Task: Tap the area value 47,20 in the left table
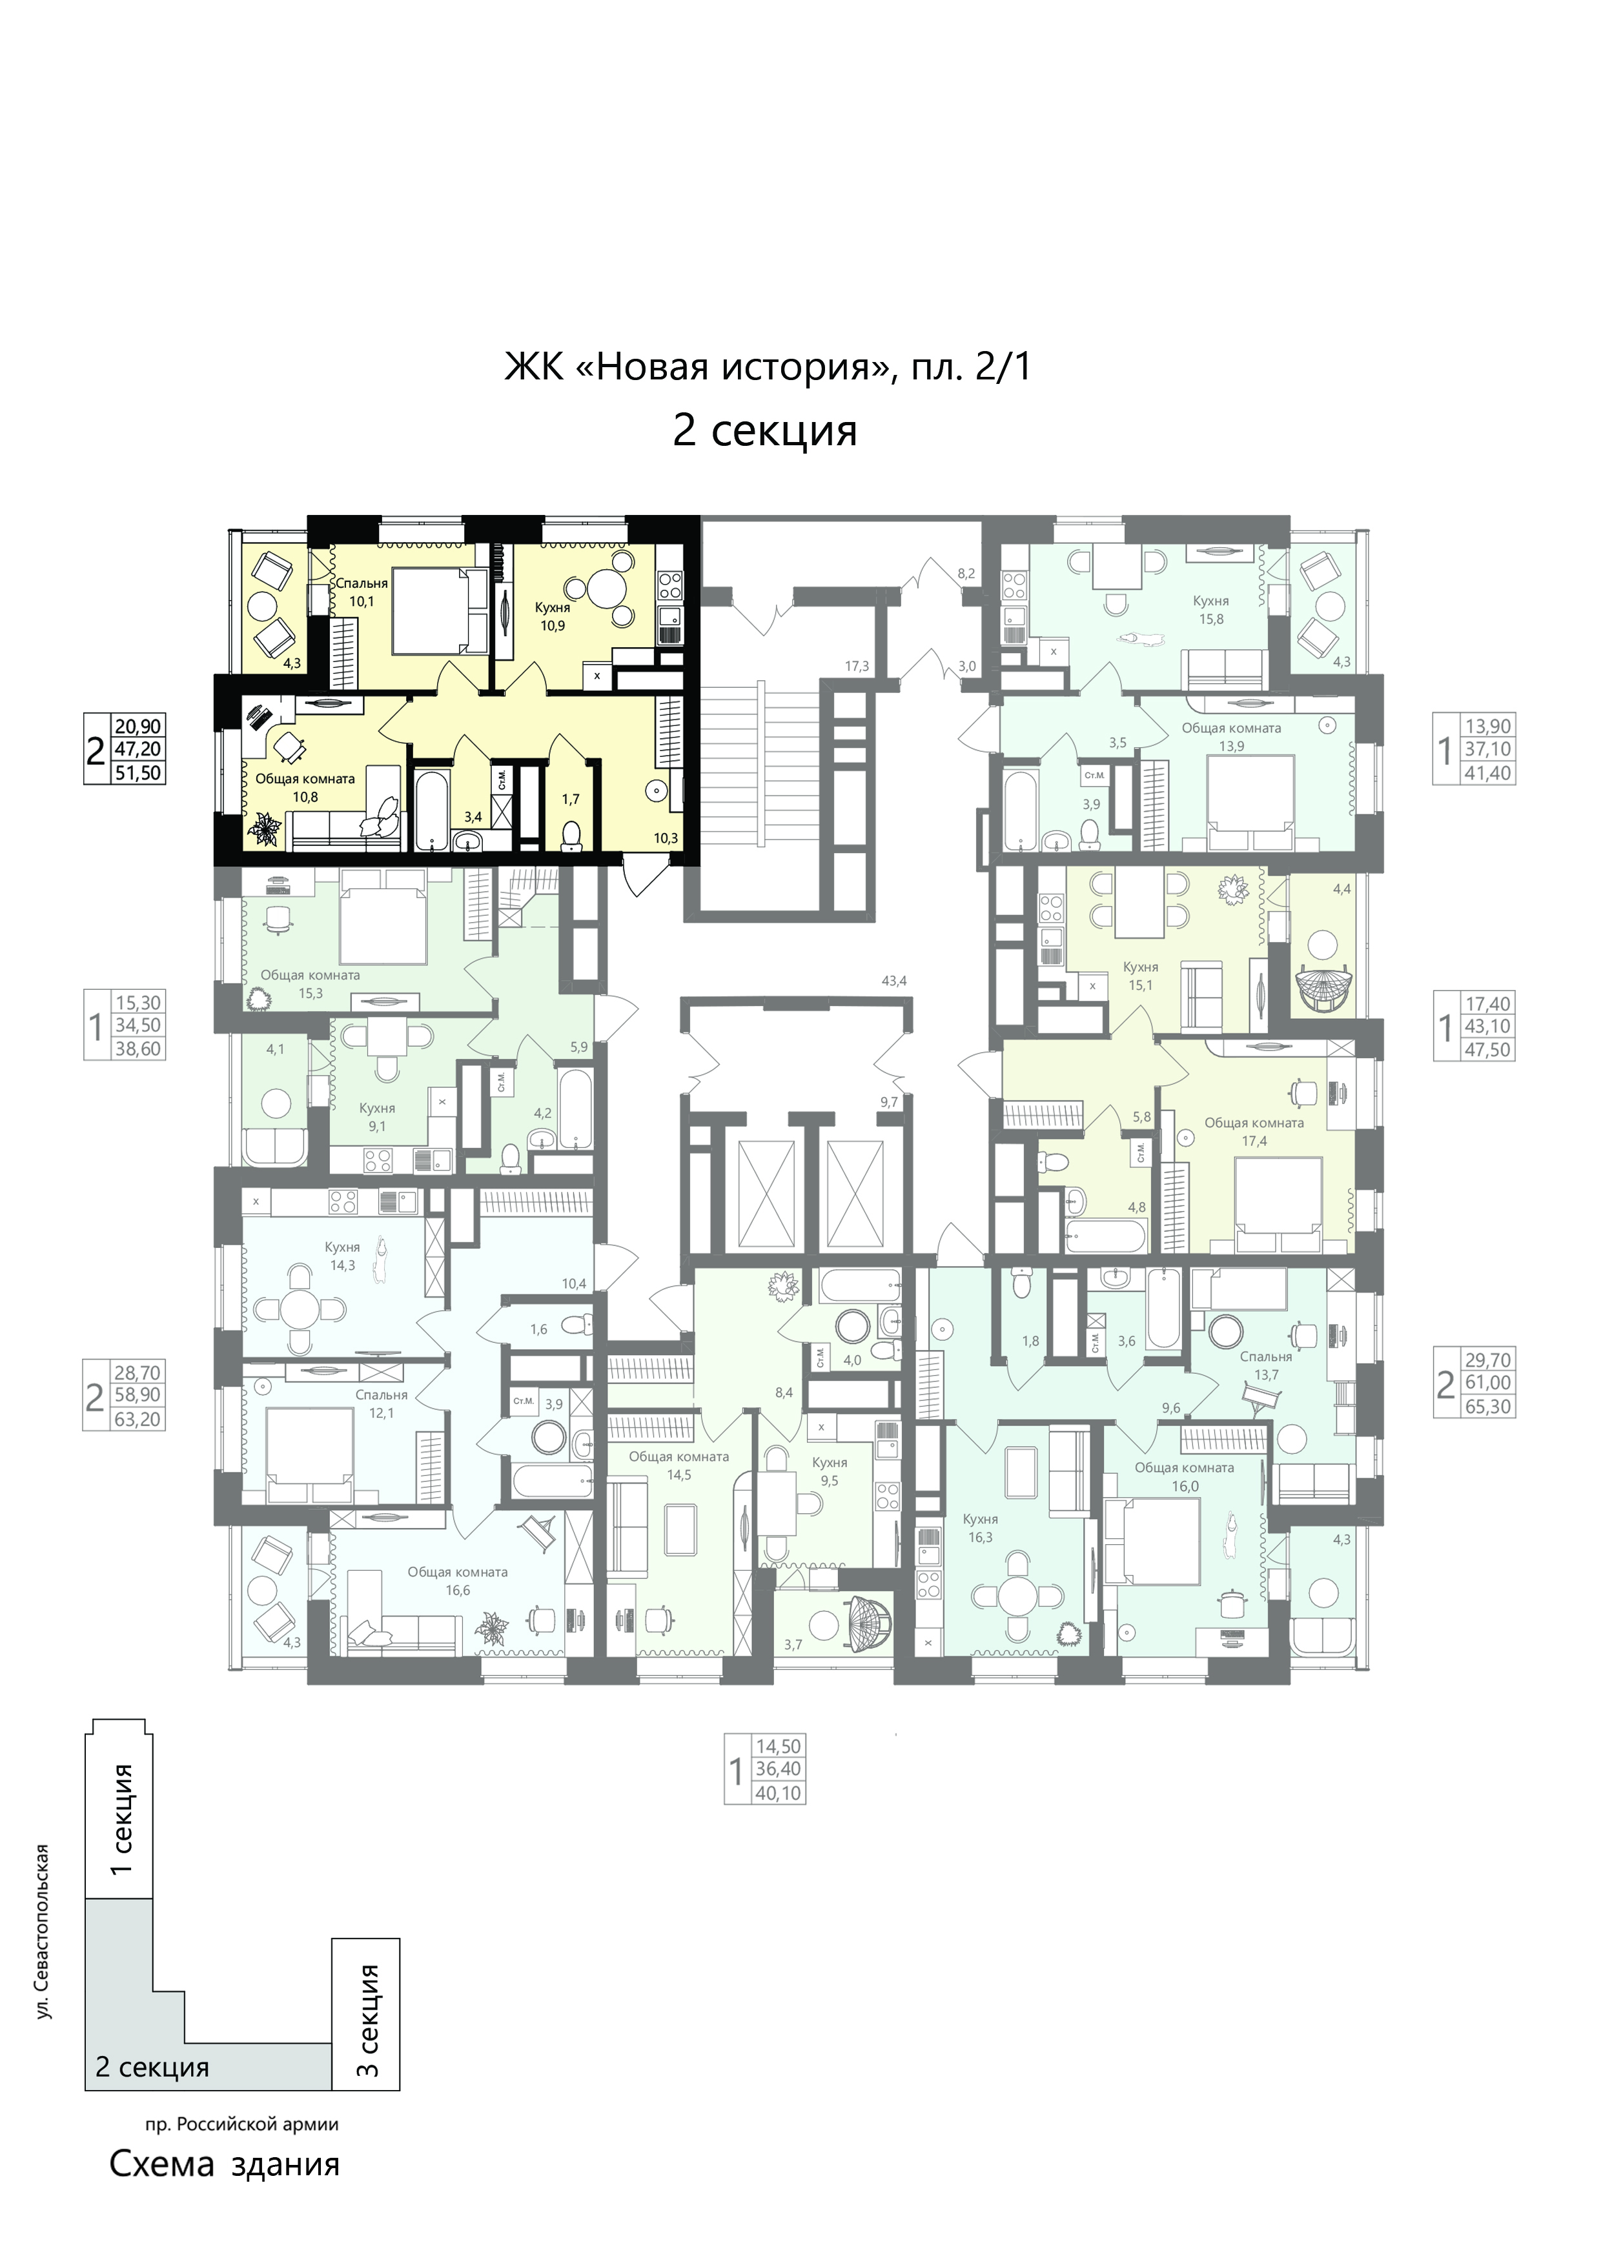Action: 138,749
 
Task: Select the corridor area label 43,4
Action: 895,981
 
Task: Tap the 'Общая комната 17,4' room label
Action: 1254,1132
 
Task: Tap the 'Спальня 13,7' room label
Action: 1266,1365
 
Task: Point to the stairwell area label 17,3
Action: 857,667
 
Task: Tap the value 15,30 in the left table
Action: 138,1002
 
